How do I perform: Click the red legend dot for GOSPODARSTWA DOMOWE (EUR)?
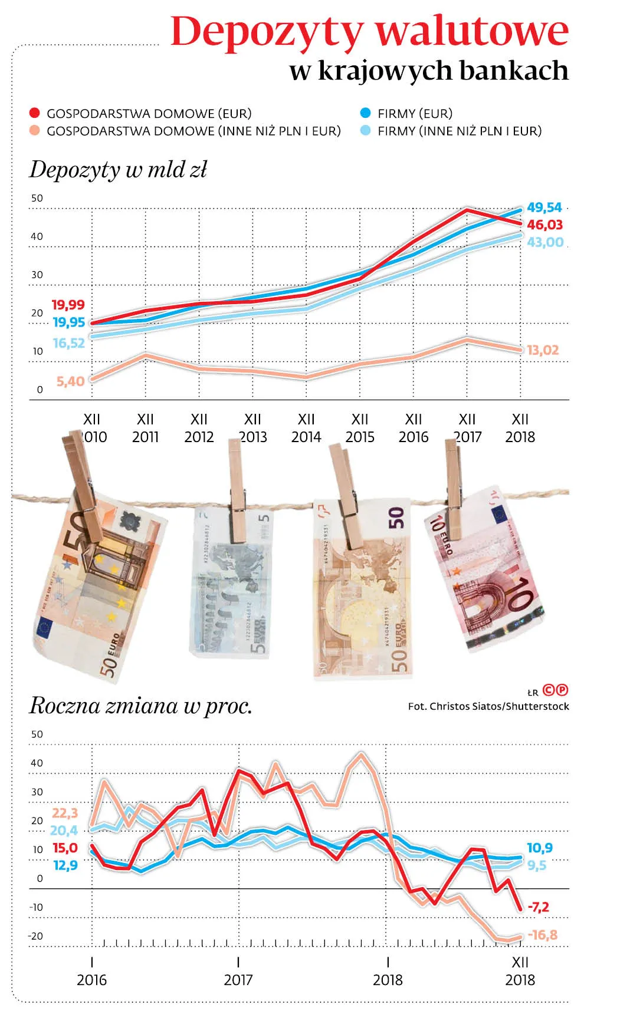click(35, 113)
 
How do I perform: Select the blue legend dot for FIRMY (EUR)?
click(366, 113)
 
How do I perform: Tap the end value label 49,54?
click(544, 207)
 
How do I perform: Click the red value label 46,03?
click(545, 225)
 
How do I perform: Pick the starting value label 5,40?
click(70, 381)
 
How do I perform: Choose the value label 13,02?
click(543, 350)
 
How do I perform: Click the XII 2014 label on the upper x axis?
click(306, 428)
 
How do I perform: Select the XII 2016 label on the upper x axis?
click(414, 428)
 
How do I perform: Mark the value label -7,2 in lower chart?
click(538, 907)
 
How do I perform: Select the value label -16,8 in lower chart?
click(542, 935)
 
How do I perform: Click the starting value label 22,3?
click(65, 813)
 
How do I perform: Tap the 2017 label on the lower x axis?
click(239, 980)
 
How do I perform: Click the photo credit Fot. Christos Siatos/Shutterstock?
click(488, 706)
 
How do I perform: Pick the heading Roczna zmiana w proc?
click(141, 706)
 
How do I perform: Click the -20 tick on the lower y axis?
click(36, 936)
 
